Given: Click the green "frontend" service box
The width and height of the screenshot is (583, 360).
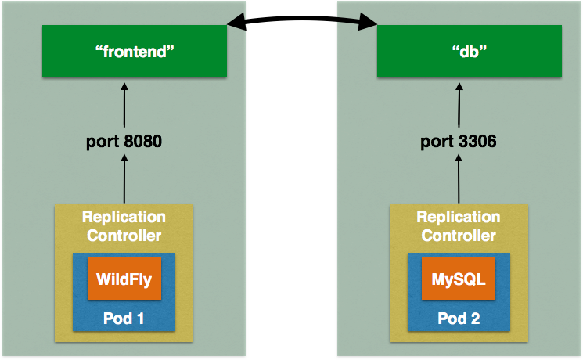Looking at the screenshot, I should coord(134,52).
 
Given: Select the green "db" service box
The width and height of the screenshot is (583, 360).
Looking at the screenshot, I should coord(469,52).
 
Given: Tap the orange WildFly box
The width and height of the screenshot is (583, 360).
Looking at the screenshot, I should coord(124,279).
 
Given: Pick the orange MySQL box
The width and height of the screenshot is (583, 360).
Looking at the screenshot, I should coord(459,279).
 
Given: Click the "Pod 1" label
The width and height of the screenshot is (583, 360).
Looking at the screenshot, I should coord(124,319).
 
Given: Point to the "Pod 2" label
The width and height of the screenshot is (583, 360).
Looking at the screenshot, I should coord(459,319).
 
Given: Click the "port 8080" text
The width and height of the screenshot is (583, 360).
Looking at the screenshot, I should coord(124,142).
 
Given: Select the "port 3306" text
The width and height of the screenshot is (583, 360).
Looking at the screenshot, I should coord(459,142).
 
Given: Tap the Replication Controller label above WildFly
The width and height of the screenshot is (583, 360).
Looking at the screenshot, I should coord(124,225).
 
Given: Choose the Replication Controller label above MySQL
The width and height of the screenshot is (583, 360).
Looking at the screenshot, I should coord(459,225).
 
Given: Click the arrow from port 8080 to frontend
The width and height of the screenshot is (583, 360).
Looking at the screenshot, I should coord(124,106).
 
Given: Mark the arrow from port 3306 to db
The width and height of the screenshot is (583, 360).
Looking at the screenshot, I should coord(459,106).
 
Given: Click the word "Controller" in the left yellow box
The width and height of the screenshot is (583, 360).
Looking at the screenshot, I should coord(124,235).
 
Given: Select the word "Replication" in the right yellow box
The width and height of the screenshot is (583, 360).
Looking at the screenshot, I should coord(459,217).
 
